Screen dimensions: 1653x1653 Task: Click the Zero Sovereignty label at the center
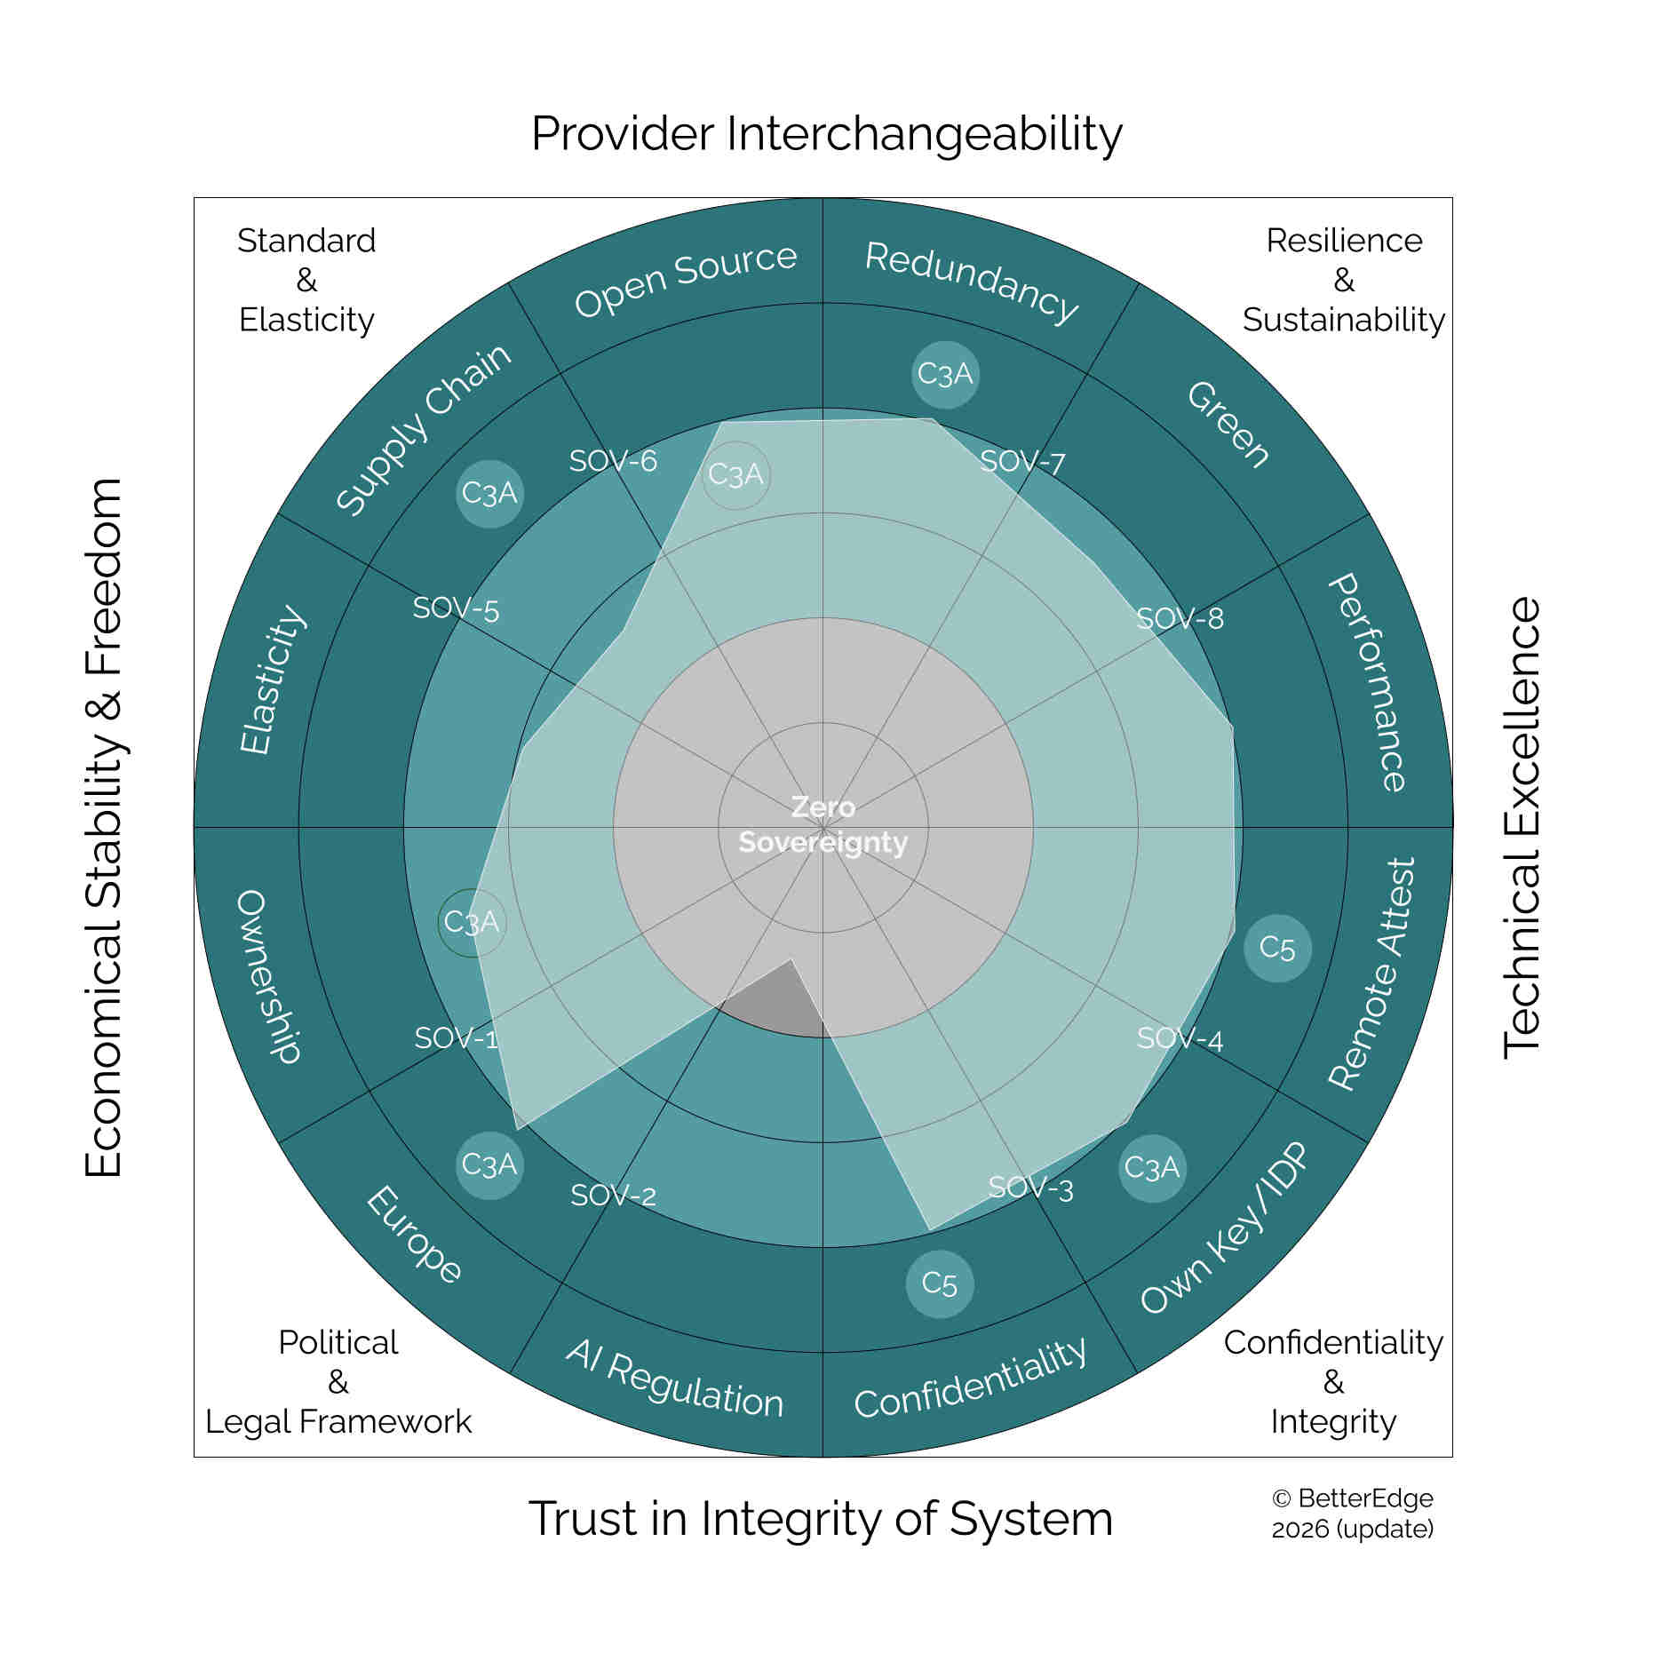point(823,824)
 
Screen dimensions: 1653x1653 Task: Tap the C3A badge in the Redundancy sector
point(945,374)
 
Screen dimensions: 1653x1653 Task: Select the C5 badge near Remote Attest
point(1277,948)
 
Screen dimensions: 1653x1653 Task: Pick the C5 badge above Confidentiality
point(940,1283)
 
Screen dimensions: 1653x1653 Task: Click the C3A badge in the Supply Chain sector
point(489,493)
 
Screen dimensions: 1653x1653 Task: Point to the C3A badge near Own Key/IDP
point(1152,1168)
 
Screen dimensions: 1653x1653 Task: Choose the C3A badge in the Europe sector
point(489,1164)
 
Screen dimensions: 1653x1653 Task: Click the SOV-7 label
point(1022,462)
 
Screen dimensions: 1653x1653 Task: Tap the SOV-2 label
point(614,1196)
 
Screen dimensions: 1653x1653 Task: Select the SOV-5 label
point(456,608)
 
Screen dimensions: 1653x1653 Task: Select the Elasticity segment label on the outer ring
point(273,679)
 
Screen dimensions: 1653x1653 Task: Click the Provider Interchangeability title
point(827,133)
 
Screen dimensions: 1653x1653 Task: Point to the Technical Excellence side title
point(1522,827)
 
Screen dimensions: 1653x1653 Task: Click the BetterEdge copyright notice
point(1353,1513)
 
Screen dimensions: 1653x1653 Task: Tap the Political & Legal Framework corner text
point(338,1381)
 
